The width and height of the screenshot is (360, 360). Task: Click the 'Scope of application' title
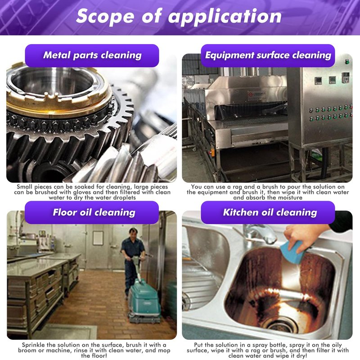click(179, 16)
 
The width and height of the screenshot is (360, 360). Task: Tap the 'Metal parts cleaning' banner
click(92, 55)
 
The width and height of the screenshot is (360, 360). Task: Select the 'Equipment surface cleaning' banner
click(268, 55)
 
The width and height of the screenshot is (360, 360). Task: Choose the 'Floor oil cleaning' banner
click(92, 212)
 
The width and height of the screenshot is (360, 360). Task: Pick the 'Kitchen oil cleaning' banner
click(268, 212)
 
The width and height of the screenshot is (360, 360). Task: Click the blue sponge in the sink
click(292, 252)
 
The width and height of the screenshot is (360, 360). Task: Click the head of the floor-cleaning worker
click(133, 233)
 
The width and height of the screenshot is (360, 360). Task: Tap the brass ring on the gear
click(58, 101)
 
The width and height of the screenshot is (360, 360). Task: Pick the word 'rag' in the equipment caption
click(238, 187)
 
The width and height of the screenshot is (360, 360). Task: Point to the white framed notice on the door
click(98, 238)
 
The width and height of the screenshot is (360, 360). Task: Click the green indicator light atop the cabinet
click(347, 62)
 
